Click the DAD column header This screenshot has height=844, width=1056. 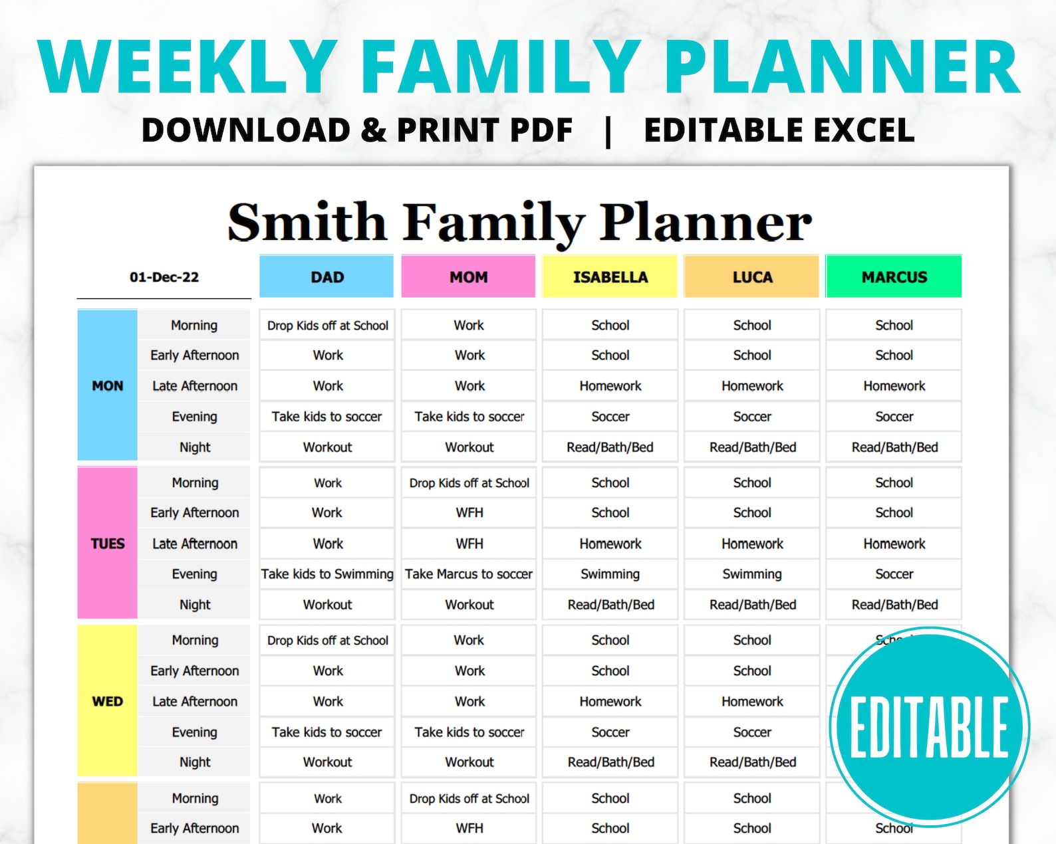click(x=327, y=276)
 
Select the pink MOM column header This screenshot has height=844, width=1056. click(x=468, y=276)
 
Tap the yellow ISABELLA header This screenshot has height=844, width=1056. click(x=610, y=276)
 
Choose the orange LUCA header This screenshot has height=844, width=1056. click(x=751, y=276)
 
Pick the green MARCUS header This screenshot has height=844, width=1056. click(x=894, y=276)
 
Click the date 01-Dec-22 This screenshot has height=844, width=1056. click(x=164, y=277)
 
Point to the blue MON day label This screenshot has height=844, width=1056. click(x=108, y=385)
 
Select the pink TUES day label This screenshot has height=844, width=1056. click(x=108, y=543)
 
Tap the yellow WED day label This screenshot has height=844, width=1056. click(x=108, y=701)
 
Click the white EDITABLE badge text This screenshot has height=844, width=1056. click(x=929, y=727)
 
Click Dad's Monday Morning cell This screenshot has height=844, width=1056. click(x=327, y=325)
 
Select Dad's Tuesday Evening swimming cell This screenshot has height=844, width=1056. click(x=327, y=574)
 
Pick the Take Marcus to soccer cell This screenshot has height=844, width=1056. click(x=469, y=574)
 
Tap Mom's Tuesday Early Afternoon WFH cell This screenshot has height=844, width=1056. click(x=469, y=512)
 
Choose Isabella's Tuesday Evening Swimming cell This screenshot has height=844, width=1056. click(x=610, y=574)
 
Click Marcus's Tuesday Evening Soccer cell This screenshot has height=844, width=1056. click(x=894, y=574)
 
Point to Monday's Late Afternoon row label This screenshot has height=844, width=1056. click(x=194, y=386)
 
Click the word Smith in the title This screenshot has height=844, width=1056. click(x=308, y=222)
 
